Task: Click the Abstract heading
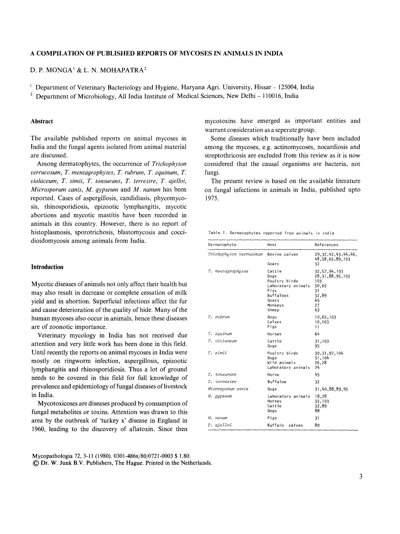[x=42, y=121]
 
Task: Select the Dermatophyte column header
[x=222, y=245]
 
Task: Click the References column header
[x=326, y=245]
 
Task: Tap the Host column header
[x=272, y=245]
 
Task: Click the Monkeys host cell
[x=276, y=305]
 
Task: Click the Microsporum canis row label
[x=228, y=389]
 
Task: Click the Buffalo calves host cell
[x=285, y=425]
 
